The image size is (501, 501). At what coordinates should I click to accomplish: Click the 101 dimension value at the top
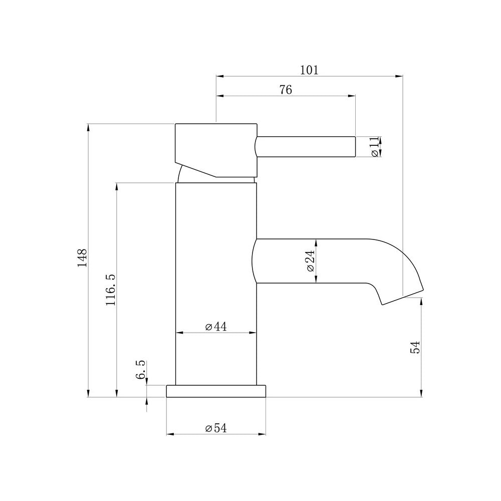(x=309, y=70)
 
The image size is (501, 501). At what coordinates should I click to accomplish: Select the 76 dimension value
(x=285, y=90)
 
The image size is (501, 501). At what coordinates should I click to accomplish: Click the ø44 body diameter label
(x=216, y=327)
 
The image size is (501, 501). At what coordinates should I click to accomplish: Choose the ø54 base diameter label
(x=216, y=428)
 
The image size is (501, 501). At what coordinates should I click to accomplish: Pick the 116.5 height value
(x=111, y=290)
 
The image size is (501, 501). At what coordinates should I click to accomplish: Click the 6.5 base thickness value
(x=141, y=369)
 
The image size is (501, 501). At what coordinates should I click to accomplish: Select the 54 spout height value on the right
(x=415, y=347)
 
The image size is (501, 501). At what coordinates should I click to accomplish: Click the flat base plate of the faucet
(x=216, y=391)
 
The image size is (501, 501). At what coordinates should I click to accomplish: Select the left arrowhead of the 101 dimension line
(x=219, y=76)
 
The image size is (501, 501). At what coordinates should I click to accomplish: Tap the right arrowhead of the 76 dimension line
(x=352, y=96)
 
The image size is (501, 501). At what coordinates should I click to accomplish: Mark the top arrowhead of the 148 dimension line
(x=88, y=126)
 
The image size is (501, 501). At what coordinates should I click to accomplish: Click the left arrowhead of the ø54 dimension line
(x=169, y=434)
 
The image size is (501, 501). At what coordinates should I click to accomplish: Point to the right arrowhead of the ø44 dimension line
(x=253, y=333)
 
